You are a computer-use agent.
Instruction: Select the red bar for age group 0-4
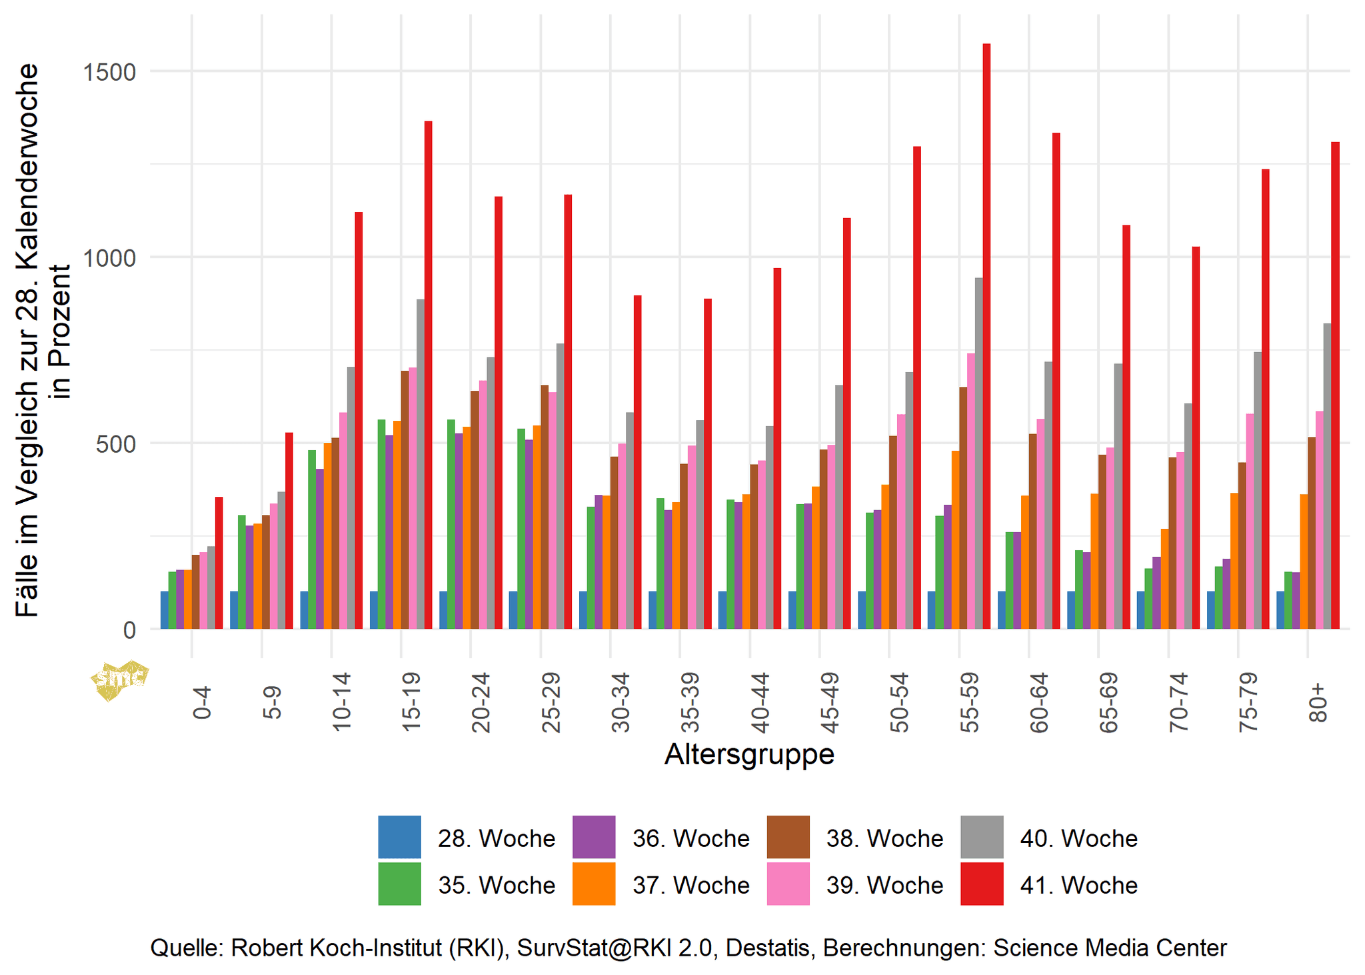tap(219, 563)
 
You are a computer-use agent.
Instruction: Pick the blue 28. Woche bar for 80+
tap(1280, 610)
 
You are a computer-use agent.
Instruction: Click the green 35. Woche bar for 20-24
tap(451, 524)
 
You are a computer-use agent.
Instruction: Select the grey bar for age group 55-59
tap(978, 453)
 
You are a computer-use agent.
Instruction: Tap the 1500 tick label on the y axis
tap(109, 71)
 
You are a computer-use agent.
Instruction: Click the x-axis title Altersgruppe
tap(749, 755)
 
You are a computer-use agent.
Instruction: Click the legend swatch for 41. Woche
tap(982, 884)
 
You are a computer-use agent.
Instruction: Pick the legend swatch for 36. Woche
tap(593, 837)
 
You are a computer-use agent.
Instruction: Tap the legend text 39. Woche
tap(884, 885)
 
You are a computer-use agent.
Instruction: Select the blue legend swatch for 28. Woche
tap(399, 837)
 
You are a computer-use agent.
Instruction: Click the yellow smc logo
tap(120, 680)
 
